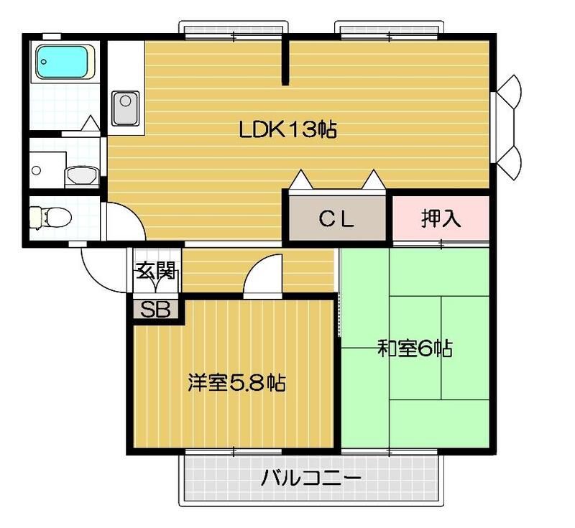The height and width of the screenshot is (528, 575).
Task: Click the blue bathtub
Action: point(64,62)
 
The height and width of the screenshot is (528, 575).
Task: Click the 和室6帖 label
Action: point(415,350)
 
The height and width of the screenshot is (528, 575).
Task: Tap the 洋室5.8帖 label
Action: point(236,382)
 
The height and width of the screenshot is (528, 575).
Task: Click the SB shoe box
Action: point(155,310)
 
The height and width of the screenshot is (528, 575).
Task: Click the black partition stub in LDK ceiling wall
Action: point(285,60)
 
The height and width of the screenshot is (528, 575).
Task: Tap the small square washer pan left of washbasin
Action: point(37,171)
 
